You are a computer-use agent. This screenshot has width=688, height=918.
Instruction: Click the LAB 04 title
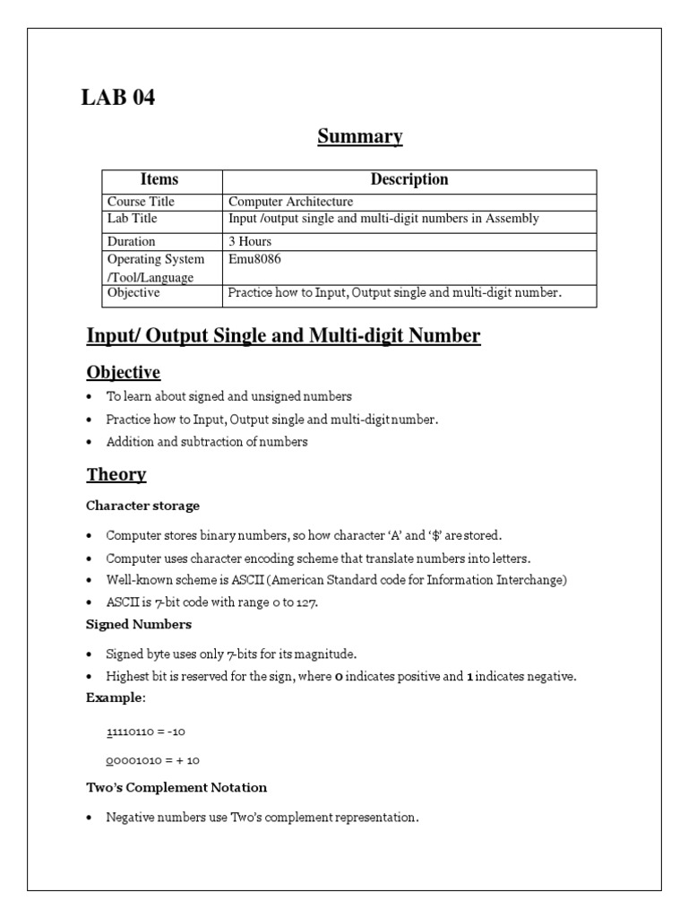118,98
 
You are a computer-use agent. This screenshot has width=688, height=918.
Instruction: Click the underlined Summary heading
360,136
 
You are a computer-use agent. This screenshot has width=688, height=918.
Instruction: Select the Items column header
160,179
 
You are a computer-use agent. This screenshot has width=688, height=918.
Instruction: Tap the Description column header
409,179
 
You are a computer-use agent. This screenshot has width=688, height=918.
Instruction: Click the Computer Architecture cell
291,202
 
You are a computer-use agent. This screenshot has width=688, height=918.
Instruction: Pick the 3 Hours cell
250,241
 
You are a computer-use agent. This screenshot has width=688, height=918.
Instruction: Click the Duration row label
131,241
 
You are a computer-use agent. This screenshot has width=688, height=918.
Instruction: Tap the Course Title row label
141,202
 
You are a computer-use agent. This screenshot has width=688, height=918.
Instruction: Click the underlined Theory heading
116,474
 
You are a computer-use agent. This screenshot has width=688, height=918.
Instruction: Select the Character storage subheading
142,506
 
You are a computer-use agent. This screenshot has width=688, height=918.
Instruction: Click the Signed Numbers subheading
138,624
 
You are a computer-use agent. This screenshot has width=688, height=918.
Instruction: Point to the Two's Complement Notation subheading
176,787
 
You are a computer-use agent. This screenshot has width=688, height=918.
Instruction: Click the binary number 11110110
131,732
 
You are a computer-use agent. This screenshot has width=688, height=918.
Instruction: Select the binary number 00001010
131,760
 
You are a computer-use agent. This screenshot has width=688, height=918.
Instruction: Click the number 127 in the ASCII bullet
307,602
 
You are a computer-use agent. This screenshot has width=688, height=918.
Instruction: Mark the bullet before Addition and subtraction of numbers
90,442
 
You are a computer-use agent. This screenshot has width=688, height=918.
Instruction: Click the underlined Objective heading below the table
123,372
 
